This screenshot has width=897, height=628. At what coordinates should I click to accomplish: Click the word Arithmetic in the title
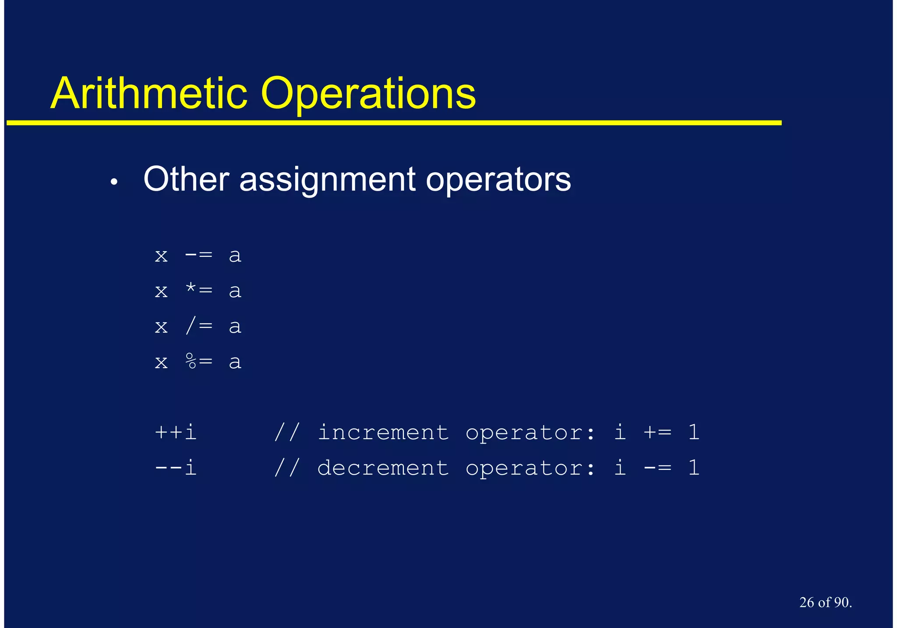point(149,93)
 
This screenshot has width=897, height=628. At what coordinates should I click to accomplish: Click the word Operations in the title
point(368,93)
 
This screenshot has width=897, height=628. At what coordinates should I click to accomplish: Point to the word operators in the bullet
point(498,180)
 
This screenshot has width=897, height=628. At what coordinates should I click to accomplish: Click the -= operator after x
point(198,255)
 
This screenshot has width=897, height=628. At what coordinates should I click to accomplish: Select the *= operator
point(198,291)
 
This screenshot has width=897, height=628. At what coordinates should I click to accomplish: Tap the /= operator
point(198,326)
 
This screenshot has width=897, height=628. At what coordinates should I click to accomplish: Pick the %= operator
point(198,362)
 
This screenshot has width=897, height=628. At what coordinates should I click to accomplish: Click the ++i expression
point(175,432)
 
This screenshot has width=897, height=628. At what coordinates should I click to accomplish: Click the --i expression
point(175,468)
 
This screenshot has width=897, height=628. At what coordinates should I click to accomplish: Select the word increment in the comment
point(383,432)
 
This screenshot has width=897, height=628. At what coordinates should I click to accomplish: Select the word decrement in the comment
point(383,468)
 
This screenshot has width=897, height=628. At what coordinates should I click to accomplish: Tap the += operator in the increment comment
point(657,432)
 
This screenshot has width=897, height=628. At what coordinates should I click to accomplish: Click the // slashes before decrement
point(287,468)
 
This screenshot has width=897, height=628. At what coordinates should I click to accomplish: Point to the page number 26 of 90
point(825,602)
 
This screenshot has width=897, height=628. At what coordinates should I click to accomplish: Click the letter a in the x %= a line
point(235,362)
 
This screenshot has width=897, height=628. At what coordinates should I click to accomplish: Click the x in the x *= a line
point(161,291)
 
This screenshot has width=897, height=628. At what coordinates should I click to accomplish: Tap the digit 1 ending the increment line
point(693,432)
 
